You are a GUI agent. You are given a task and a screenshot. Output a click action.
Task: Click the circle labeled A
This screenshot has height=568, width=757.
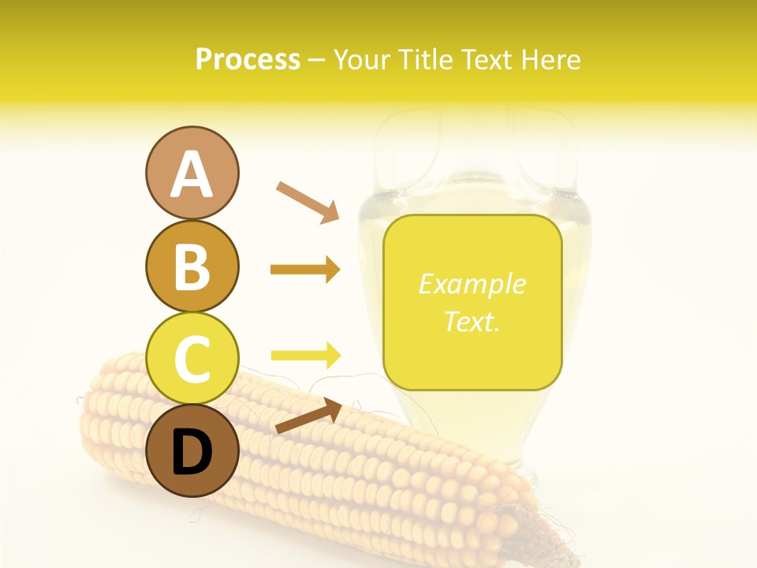tap(192, 173)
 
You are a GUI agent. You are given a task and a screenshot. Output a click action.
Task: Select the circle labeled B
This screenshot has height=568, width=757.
tap(192, 266)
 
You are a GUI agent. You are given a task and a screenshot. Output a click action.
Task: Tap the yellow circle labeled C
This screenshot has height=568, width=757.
tap(192, 358)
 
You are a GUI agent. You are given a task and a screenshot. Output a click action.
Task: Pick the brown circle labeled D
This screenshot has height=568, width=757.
tap(192, 450)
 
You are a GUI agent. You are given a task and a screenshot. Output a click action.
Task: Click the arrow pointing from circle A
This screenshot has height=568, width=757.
tap(308, 201)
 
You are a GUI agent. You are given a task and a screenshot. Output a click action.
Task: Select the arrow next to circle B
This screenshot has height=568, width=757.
tap(305, 270)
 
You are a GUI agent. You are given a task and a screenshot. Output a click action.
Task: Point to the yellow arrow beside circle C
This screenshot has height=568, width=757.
tap(305, 355)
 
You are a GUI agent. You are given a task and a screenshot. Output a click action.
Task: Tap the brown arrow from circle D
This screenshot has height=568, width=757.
tap(308, 416)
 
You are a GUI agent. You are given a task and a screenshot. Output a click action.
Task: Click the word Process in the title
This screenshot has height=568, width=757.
tap(248, 59)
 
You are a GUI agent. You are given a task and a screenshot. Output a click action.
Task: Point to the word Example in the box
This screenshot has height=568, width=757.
tap(472, 284)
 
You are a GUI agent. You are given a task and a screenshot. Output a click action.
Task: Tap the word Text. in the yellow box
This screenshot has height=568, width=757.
tap(472, 321)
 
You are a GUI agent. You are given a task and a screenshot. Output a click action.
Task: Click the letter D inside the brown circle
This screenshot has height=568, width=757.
tap(192, 452)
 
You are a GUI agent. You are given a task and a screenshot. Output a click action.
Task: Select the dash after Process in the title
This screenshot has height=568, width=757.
tap(317, 61)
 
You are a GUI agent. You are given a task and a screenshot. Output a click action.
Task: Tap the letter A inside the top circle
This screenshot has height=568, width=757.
tap(192, 174)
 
